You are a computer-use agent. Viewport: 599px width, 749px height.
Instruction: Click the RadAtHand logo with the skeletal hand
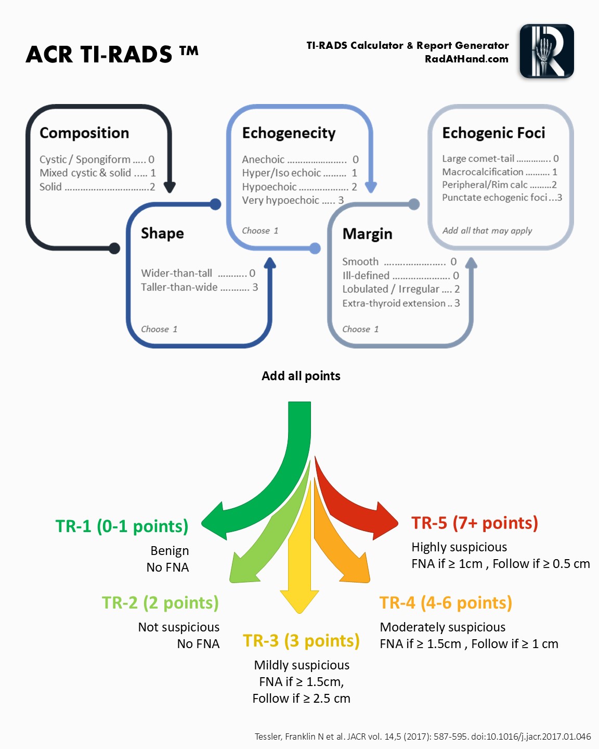click(546, 51)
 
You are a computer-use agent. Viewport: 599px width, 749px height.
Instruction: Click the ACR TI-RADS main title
click(112, 54)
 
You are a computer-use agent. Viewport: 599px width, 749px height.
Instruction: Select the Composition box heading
click(84, 133)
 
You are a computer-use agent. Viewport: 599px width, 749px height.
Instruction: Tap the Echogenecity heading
click(289, 133)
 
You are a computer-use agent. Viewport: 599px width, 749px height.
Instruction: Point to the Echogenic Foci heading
click(493, 133)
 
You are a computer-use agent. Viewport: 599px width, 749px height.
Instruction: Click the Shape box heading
click(162, 233)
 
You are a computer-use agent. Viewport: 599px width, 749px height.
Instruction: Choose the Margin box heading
click(367, 234)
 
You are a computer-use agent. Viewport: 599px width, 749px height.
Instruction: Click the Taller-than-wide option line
click(200, 287)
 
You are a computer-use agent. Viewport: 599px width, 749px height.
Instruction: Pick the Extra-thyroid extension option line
click(401, 303)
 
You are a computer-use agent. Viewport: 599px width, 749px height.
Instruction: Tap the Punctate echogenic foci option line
click(502, 197)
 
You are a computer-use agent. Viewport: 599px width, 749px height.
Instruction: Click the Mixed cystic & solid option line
click(97, 173)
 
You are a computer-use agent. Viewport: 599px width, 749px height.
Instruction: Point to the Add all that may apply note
click(487, 231)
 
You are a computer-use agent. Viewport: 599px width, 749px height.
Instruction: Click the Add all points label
click(301, 376)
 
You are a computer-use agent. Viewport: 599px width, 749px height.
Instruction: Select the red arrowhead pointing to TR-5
click(385, 521)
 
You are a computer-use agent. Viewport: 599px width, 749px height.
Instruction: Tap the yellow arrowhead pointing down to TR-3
click(299, 601)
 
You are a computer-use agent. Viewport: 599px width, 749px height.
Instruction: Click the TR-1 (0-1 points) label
click(122, 526)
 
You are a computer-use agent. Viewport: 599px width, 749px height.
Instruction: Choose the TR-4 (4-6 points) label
click(446, 603)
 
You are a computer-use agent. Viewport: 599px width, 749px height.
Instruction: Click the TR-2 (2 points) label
click(160, 603)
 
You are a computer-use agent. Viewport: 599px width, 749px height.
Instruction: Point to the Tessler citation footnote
click(423, 737)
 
